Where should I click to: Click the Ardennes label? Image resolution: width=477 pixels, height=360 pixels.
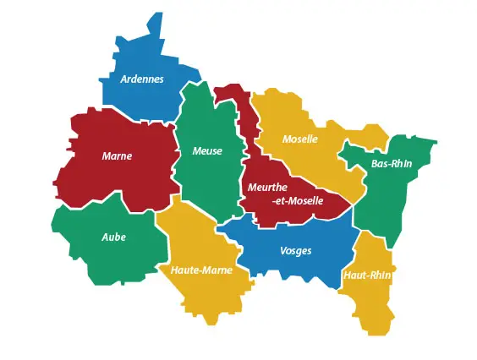[x=142, y=79]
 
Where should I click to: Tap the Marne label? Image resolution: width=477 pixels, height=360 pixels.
[x=117, y=155]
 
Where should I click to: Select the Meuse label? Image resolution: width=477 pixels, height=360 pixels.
[x=207, y=151]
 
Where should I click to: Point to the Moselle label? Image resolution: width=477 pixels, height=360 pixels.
[x=300, y=139]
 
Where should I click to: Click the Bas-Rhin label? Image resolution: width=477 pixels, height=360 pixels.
[x=392, y=163]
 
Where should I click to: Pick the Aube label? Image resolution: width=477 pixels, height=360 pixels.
[x=113, y=237]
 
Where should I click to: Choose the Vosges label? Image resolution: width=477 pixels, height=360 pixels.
[x=296, y=250]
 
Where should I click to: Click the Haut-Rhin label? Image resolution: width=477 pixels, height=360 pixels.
[x=368, y=275]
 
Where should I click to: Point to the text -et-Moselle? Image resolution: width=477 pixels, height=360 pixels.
[x=298, y=201]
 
